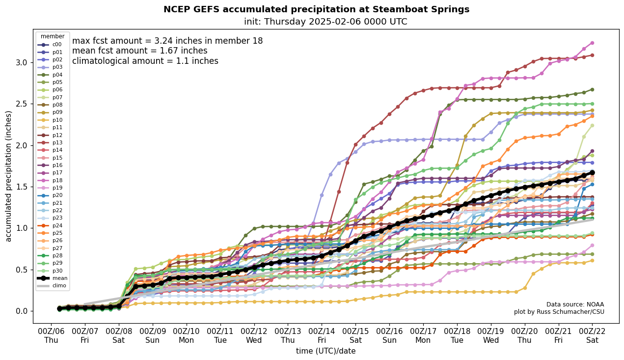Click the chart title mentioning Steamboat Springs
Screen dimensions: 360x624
pos(316,9)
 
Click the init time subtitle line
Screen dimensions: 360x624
pos(325,22)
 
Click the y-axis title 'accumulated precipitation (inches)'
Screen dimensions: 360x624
pos(8,176)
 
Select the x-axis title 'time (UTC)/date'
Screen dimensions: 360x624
pos(326,351)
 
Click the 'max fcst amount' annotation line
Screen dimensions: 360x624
pos(167,41)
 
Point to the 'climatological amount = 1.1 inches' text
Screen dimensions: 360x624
pos(145,61)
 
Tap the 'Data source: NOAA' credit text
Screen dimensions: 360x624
pos(575,305)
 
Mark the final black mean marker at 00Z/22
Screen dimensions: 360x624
pos(592,173)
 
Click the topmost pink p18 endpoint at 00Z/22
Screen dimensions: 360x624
pos(592,43)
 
